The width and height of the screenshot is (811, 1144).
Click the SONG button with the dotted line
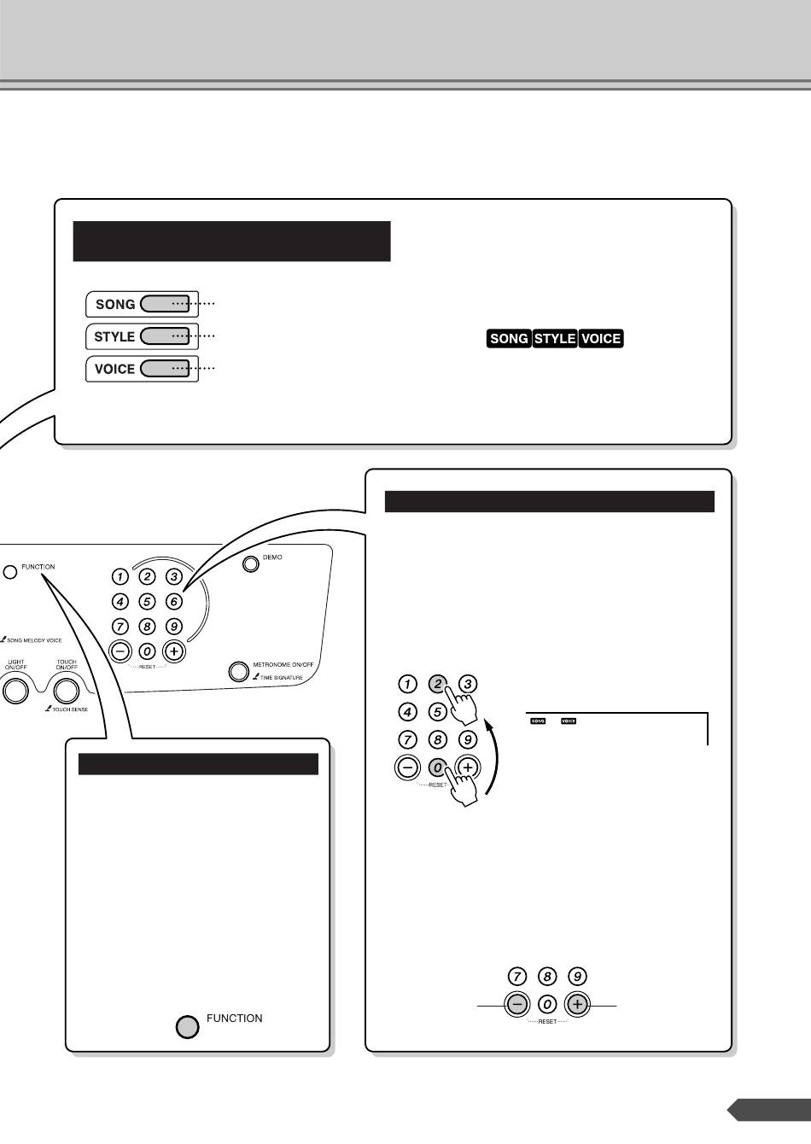(x=165, y=303)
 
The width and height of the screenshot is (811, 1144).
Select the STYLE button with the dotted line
(x=165, y=336)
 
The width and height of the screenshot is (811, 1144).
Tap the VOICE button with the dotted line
(x=165, y=368)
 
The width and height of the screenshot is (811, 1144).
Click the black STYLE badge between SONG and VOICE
(x=555, y=338)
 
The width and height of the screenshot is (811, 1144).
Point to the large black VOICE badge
(x=600, y=338)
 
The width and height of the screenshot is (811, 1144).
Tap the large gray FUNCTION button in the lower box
(x=188, y=1026)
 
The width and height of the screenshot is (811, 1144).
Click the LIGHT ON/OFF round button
(x=15, y=689)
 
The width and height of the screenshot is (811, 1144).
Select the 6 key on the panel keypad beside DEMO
(x=173, y=601)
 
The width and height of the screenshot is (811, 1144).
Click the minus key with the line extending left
(x=517, y=1005)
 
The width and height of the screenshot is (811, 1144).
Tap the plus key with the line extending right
(x=577, y=1005)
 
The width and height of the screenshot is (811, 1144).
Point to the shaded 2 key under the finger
(x=438, y=684)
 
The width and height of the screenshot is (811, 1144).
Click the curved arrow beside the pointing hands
(x=493, y=756)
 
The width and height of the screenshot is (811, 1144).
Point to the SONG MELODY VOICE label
(x=34, y=639)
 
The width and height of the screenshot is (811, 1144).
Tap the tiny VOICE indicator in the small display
(x=568, y=721)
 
